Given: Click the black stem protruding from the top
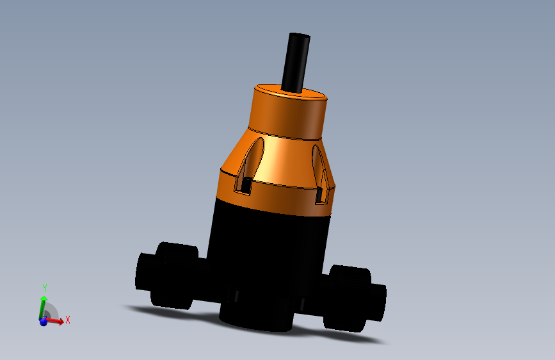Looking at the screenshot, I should click(296, 61).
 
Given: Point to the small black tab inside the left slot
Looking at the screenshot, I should click(246, 185).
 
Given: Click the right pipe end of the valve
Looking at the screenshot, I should click(378, 302).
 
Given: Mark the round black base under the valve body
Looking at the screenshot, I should click(256, 317).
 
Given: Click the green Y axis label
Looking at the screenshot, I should click(45, 288).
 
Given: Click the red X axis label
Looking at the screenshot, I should click(67, 320).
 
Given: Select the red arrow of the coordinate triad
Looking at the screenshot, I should click(56, 321).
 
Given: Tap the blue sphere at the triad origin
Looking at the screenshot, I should click(44, 322).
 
